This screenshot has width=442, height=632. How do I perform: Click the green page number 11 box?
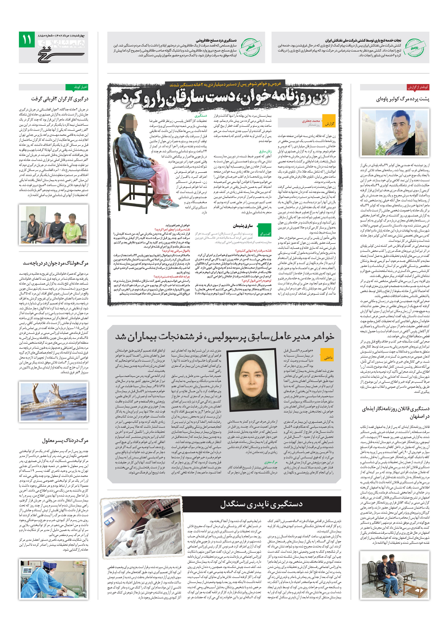27,39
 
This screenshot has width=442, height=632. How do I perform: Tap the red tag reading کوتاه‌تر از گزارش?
418,87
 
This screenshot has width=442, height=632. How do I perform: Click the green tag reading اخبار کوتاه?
77,87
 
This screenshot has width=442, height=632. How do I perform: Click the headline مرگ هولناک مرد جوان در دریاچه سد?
56,263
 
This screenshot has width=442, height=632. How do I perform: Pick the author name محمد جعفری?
311,121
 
